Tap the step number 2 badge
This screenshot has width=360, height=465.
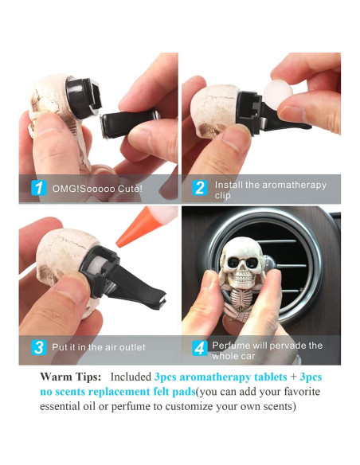pos(199,189)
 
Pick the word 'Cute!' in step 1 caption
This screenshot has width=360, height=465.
pos(128,189)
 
